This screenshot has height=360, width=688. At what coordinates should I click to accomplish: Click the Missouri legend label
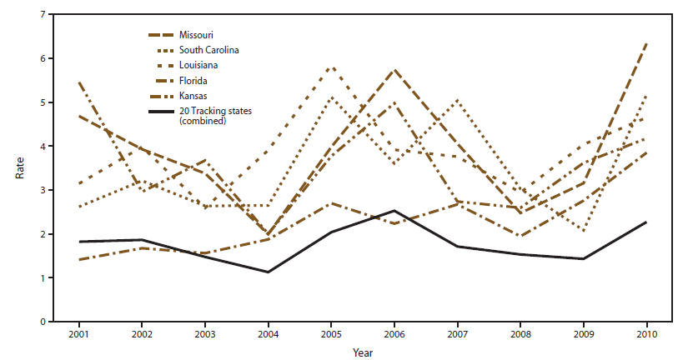click(x=195, y=35)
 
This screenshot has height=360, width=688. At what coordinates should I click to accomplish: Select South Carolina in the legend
click(x=208, y=50)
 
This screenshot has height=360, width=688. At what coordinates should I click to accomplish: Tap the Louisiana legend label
click(x=197, y=65)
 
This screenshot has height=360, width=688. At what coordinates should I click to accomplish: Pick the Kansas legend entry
click(x=192, y=96)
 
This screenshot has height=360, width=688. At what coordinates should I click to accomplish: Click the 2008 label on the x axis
click(x=520, y=333)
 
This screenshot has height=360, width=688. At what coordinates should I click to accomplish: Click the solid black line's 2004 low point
click(x=268, y=272)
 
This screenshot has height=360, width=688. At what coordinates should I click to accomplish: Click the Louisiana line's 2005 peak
click(x=332, y=67)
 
